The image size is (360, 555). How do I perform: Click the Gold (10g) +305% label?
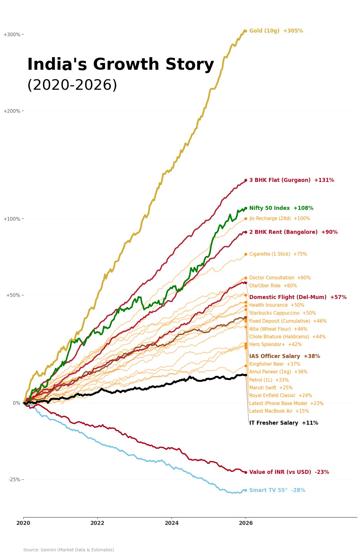[x=276, y=31]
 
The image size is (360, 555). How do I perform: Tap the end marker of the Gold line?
[x=246, y=31]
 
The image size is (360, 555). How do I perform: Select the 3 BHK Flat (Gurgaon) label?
[x=291, y=180]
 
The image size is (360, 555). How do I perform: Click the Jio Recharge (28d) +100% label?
[x=279, y=218]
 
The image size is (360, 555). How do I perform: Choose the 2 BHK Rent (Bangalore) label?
[x=293, y=232]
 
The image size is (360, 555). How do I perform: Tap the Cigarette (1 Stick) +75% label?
[x=278, y=254]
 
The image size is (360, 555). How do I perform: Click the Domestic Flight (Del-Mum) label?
[x=298, y=297]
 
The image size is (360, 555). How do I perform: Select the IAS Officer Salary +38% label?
[x=284, y=356]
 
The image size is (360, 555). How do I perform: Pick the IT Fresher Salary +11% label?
[x=283, y=423]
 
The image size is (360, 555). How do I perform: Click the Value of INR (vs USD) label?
[x=289, y=472]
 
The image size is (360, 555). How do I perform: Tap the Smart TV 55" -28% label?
[x=277, y=490]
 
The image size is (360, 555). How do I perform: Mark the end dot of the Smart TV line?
[x=246, y=490]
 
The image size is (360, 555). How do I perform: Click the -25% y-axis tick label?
[x=14, y=480]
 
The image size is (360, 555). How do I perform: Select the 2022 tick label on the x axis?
[x=97, y=523]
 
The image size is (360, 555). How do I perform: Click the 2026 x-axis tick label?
[x=246, y=523]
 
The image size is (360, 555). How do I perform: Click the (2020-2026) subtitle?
[x=72, y=85]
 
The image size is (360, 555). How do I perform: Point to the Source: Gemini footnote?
[x=69, y=550]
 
